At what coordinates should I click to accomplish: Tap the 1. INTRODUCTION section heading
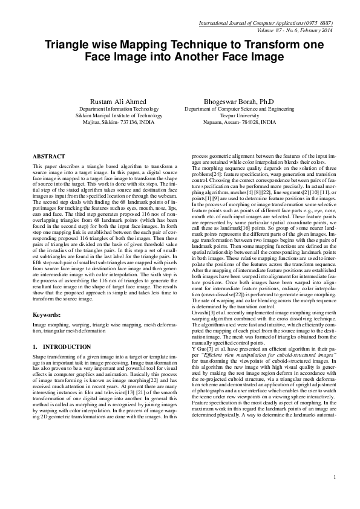click(x=62, y=346)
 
